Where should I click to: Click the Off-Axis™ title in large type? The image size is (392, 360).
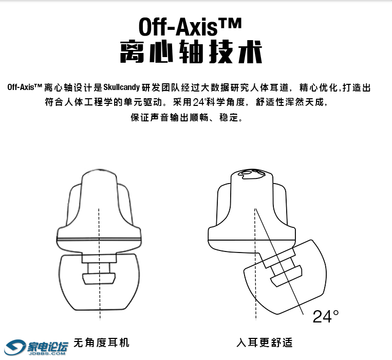point(190,27)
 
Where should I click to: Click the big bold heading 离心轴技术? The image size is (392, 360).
point(191,52)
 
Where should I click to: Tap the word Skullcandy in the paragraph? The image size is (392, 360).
point(121,87)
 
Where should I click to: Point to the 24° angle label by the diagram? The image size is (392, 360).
point(326,316)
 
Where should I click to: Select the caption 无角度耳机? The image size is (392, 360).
point(101,343)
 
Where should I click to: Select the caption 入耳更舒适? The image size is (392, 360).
point(264,343)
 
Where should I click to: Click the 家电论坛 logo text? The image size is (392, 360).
point(47,347)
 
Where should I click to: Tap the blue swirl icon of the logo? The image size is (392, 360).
point(15,347)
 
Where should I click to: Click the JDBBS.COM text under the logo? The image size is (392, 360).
point(47,353)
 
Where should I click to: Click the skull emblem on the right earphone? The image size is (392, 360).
point(252,174)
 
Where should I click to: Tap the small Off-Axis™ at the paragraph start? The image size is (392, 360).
point(25,87)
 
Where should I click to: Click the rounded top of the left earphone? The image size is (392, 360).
point(99,174)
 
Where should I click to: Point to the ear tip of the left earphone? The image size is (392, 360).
point(99,283)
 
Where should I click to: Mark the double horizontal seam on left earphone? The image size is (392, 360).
point(99,239)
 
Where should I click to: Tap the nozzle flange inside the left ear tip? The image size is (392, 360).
point(99,278)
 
